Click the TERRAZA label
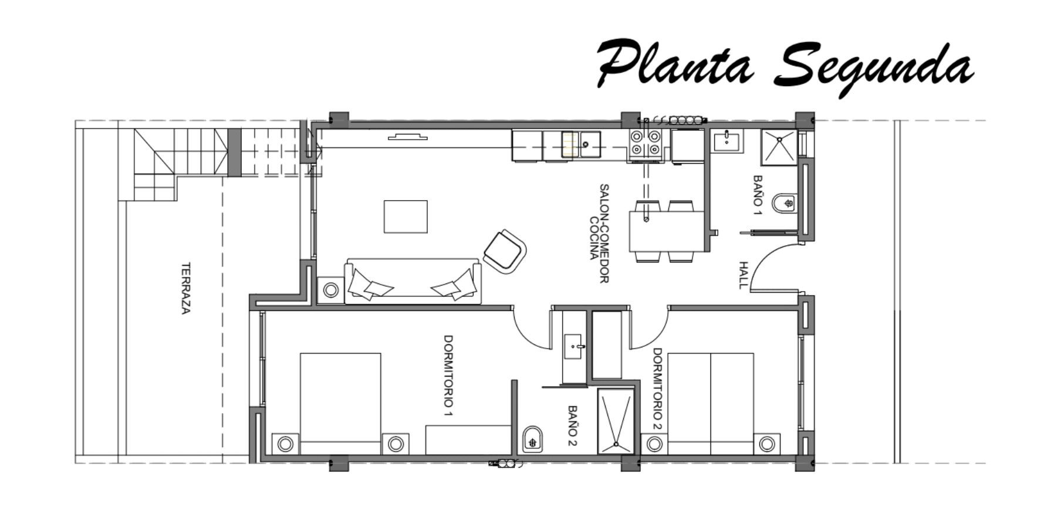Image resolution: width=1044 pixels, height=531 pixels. coord(185,288)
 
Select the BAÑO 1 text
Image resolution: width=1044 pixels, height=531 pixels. coord(758,195)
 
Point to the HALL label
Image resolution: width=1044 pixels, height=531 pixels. coord(744,275)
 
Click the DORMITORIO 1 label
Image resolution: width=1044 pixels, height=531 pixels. coord(448,376)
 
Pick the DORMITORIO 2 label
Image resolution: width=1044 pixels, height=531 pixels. coord(657,388)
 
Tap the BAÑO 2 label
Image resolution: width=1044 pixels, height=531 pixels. coord(573,425)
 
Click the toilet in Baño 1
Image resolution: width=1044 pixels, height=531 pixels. coord(784,204)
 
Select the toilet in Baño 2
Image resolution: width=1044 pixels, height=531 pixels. coord(533,438)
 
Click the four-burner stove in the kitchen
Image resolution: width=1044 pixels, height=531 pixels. coord(646,145)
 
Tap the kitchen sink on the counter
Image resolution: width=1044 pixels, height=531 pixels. coord(581,144)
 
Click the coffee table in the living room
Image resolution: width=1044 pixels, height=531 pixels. coord(406,217)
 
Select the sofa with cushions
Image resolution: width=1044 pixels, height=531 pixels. coord(413,281)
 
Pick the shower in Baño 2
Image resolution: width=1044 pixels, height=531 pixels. coord(616,421)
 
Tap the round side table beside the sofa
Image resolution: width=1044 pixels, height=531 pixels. coord(331,290)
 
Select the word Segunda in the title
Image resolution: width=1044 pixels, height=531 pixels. coord(874,69)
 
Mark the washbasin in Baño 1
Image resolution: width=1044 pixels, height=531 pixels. coord(728,141)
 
